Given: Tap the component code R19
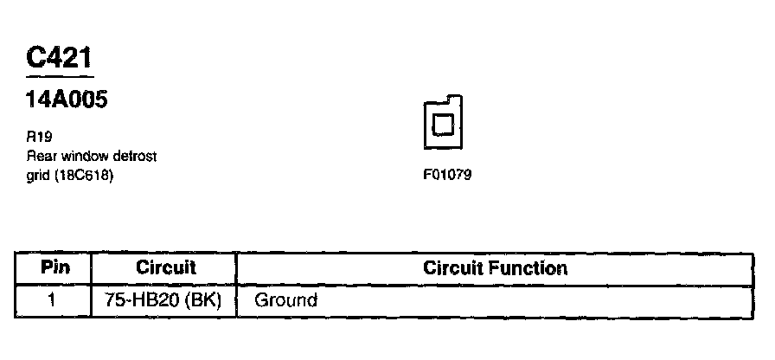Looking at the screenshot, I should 38,137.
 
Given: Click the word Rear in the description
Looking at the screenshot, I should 40,156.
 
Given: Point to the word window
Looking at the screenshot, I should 80,156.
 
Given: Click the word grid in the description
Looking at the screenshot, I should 38,176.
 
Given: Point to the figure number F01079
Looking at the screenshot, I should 447,175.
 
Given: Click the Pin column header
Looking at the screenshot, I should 54,267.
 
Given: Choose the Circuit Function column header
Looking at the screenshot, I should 495,267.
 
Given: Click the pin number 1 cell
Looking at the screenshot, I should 54,301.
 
